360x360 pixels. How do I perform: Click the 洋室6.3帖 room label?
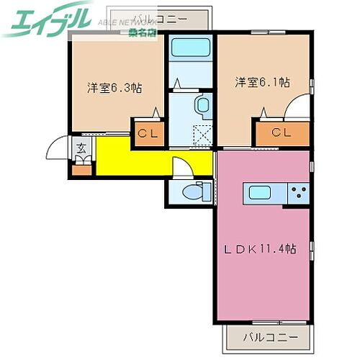click(114, 89)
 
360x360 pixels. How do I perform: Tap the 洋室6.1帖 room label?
click(261, 82)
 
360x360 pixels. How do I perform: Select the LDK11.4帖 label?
click(259, 249)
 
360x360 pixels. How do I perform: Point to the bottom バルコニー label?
click(267, 336)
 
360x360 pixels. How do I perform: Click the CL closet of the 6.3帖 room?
click(148, 132)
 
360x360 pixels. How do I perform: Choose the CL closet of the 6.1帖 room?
click(282, 132)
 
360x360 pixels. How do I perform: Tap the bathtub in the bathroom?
click(190, 48)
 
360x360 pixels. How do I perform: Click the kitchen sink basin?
click(259, 192)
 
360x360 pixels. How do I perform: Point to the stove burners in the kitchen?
click(298, 192)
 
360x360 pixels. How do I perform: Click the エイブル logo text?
click(47, 19)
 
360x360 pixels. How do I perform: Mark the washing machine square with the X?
click(203, 135)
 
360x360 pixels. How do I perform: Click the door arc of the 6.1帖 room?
click(297, 108)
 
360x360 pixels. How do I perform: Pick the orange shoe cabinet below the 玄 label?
click(81, 170)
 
